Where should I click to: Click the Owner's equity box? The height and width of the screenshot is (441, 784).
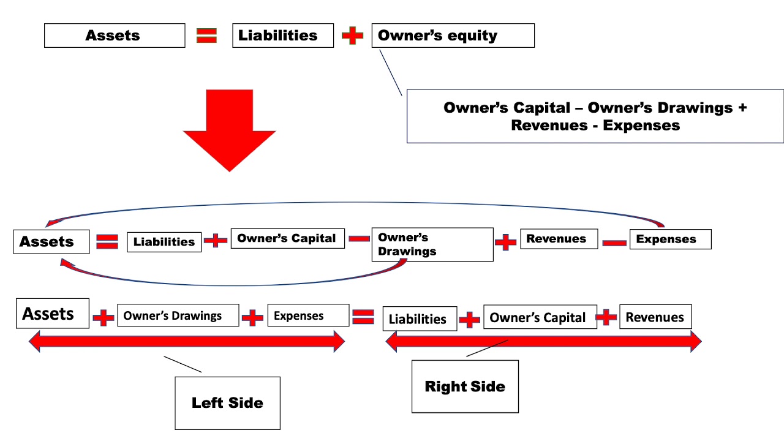(453, 36)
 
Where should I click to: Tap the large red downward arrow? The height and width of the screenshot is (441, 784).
(229, 129)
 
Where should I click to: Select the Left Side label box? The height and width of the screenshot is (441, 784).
(227, 402)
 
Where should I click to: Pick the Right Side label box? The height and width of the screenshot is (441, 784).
(465, 386)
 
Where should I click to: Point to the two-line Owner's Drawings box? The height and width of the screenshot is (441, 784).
(432, 244)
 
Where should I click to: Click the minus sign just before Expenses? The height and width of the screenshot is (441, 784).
(614, 243)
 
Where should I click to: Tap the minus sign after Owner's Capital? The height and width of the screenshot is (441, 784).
(359, 238)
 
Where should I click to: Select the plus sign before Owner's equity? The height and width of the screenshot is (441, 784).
(352, 36)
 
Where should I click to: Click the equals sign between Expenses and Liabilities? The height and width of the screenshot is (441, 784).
(363, 316)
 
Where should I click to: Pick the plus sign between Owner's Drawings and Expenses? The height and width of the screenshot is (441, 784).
(252, 317)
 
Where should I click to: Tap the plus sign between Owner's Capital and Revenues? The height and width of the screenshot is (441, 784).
(606, 317)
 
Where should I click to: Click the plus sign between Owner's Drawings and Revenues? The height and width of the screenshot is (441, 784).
(505, 243)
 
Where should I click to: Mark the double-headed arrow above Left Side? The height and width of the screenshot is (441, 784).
(187, 341)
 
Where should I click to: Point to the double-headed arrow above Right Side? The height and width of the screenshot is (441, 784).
(543, 341)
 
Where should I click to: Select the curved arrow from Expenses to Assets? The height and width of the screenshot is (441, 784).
(355, 203)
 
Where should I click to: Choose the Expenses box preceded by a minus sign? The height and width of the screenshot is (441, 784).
(670, 239)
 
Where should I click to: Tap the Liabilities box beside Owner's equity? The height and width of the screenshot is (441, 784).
(282, 36)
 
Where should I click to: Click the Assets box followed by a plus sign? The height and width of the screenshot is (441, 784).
(52, 314)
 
